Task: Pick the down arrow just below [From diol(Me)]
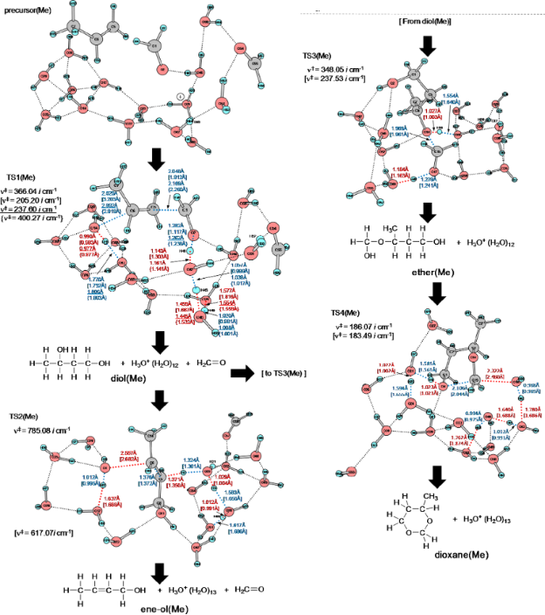pos(428,45)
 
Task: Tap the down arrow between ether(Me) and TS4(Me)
pos(428,295)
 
